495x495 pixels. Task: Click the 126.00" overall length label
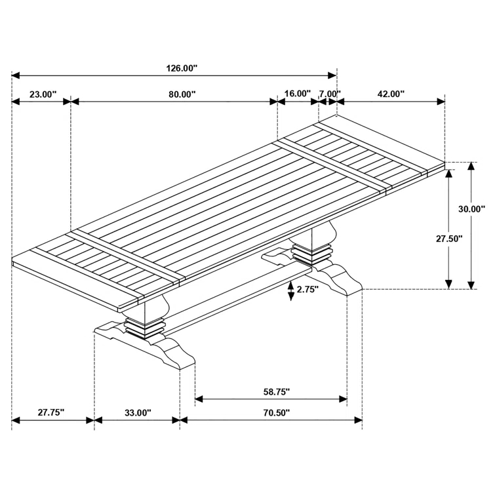174,68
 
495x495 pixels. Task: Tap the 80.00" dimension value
182,94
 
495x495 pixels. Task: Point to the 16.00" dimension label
297,94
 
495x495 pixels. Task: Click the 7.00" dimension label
329,94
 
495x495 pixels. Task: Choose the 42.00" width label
391,94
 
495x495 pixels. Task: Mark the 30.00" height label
471,209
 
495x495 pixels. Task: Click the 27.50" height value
450,239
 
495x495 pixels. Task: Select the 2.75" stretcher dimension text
307,289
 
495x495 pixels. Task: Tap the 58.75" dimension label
276,392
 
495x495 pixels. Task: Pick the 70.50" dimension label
276,412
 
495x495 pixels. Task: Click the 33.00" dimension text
138,412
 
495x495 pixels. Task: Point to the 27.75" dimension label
50,412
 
